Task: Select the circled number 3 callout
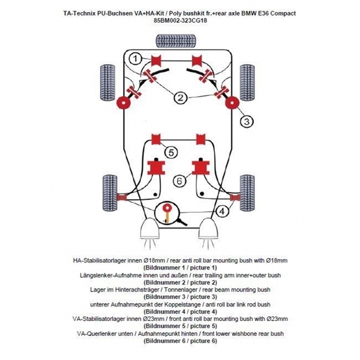click(x=247, y=121)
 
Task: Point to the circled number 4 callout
click(x=222, y=211)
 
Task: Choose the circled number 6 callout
click(x=179, y=180)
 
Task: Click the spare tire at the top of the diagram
click(x=179, y=40)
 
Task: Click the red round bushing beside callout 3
click(x=231, y=103)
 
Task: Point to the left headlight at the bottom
click(x=147, y=229)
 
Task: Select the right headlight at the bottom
click(x=211, y=229)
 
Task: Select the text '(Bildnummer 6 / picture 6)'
click(x=179, y=340)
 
